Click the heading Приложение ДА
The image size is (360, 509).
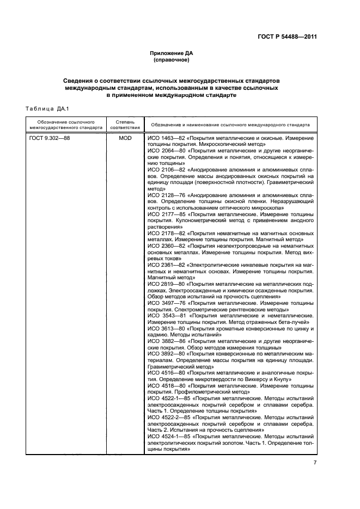click(x=172, y=53)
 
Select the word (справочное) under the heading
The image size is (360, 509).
click(x=172, y=60)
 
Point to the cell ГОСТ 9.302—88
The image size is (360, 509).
click(x=50, y=139)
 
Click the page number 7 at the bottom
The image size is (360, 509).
click(x=315, y=463)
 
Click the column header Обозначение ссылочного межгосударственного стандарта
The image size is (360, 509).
click(x=66, y=124)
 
